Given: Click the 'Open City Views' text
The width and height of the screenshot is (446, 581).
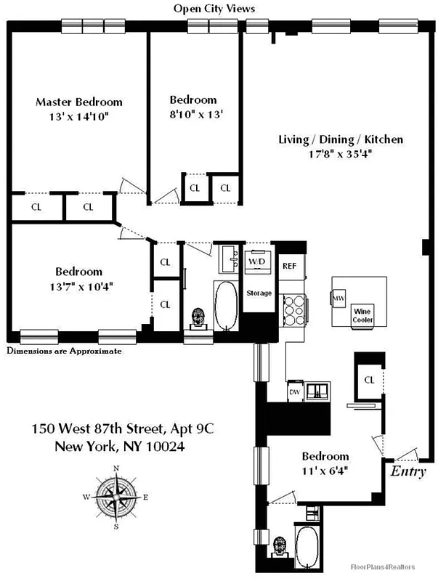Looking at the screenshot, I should (x=214, y=8).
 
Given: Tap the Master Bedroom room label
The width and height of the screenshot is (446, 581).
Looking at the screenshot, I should (x=79, y=102).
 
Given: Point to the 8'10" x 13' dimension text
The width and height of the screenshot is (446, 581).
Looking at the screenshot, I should (x=193, y=113).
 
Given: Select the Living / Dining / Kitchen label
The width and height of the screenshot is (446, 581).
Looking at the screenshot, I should (x=341, y=139).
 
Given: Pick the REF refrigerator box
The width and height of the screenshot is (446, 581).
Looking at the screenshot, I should (x=289, y=267).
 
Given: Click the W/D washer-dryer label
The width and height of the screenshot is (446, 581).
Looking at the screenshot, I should (x=257, y=261).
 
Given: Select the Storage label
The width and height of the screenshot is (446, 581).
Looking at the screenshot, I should (x=259, y=293).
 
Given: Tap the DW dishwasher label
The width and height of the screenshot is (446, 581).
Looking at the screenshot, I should (x=294, y=391).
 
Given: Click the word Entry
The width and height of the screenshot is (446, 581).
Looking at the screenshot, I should (x=408, y=471).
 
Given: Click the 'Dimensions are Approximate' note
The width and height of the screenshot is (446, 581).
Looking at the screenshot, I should (x=64, y=351).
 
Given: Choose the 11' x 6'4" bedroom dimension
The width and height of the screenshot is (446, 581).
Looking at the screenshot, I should (x=325, y=470).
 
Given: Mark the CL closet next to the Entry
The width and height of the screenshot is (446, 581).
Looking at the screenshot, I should (x=369, y=380).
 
